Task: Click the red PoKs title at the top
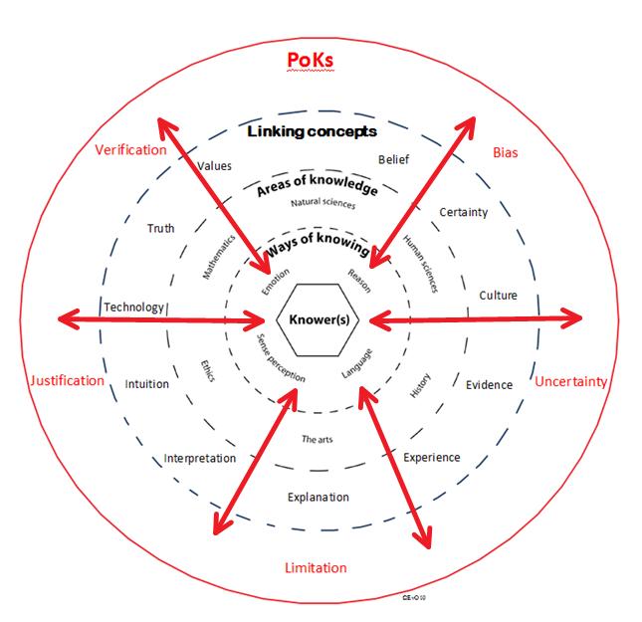pos(310,61)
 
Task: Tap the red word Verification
pos(130,150)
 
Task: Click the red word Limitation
pos(316,567)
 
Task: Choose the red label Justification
pos(67,380)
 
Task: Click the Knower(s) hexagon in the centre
pos(318,319)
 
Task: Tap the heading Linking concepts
pos(313,131)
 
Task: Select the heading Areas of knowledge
pos(318,186)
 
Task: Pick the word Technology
pos(133,308)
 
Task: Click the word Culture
pos(498,296)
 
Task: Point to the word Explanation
pos(319,497)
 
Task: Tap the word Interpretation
pos(200,459)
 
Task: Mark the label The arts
pos(316,438)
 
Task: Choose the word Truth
pos(160,229)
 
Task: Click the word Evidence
pos(489,385)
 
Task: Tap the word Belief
pos(393,159)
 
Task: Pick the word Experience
pos(431,458)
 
